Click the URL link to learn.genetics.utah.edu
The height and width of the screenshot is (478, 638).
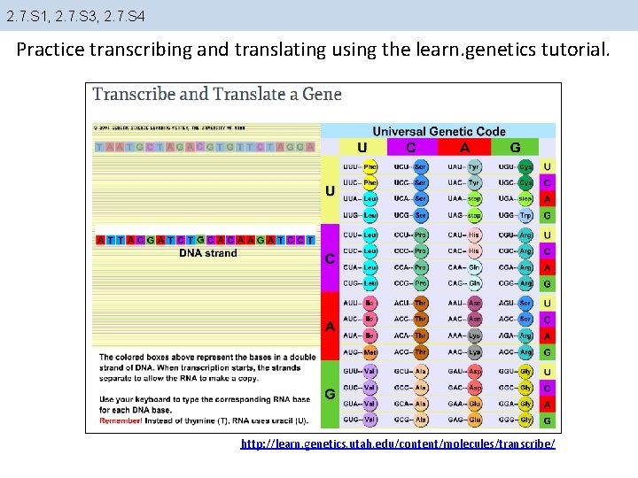pos(398,443)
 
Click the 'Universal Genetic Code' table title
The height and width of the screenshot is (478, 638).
pos(440,131)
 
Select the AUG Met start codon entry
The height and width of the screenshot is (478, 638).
pos(359,352)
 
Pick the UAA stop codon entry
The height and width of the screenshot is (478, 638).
pos(463,199)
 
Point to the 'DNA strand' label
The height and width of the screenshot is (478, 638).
pos(208,253)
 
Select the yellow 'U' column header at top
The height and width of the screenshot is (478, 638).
pos(362,148)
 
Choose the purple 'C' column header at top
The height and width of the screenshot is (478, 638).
pos(411,148)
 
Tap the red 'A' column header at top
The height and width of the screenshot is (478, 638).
pos(463,148)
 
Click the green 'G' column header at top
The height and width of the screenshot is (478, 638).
pos(515,148)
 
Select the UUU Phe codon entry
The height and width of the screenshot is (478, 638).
pos(359,166)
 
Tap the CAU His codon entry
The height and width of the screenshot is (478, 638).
pos(463,235)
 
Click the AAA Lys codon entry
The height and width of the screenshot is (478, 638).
pos(463,335)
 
